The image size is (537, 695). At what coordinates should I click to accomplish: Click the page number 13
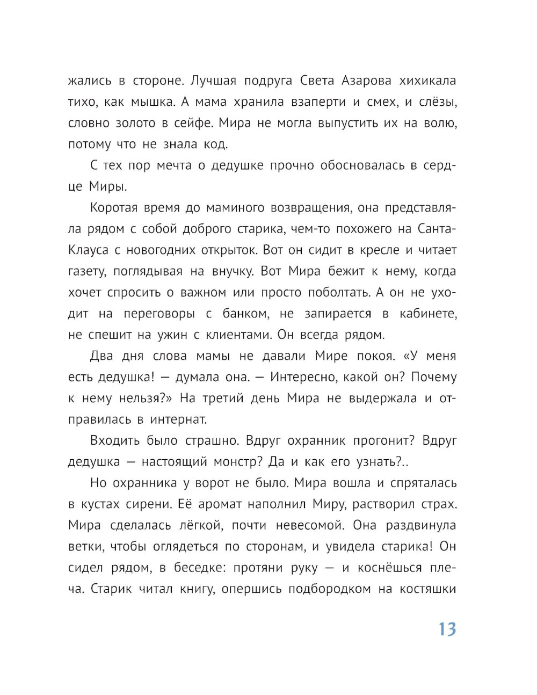447,629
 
